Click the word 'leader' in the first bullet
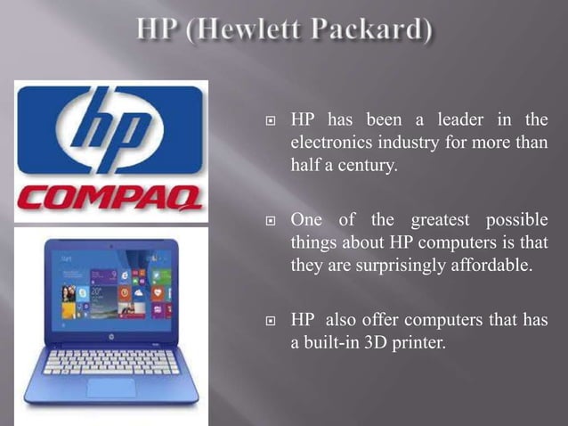coord(450,120)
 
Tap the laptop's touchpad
coord(110,388)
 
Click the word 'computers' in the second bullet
coord(457,243)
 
